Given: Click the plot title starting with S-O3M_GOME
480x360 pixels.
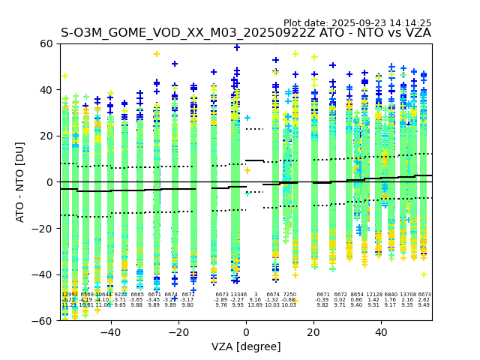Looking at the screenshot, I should point(246,33).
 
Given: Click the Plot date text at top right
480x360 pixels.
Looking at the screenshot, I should point(357,23).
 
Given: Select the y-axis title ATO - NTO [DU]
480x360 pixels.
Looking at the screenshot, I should point(20,182).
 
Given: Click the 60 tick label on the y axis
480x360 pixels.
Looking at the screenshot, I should point(46,43).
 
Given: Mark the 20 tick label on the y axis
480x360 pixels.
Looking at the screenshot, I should point(46,136).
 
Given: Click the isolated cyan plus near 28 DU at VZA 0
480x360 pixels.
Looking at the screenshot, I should point(247,118).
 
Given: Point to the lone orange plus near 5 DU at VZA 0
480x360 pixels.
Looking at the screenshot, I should point(247,170).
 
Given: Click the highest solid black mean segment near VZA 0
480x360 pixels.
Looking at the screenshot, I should point(255,160).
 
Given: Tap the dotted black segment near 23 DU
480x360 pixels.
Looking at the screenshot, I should point(255,129).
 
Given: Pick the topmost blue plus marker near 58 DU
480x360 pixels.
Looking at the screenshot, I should point(237,47).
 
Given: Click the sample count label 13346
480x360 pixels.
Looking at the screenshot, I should point(238,295).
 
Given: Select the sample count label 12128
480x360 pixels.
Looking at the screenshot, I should point(373,295).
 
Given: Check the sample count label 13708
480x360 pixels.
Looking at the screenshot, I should point(407,295).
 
